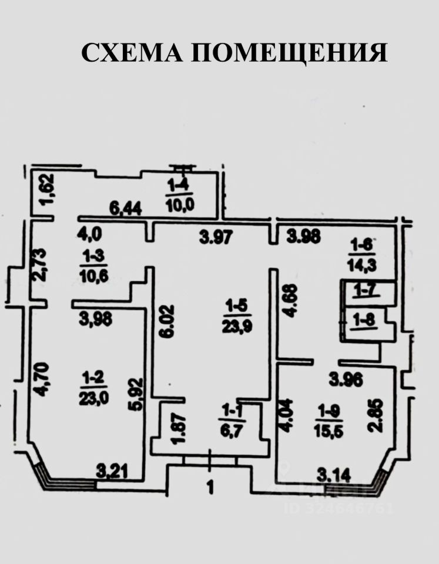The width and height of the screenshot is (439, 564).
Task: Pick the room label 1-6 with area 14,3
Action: click(x=364, y=254)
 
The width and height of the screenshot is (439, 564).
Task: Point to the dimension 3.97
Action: click(x=213, y=237)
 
